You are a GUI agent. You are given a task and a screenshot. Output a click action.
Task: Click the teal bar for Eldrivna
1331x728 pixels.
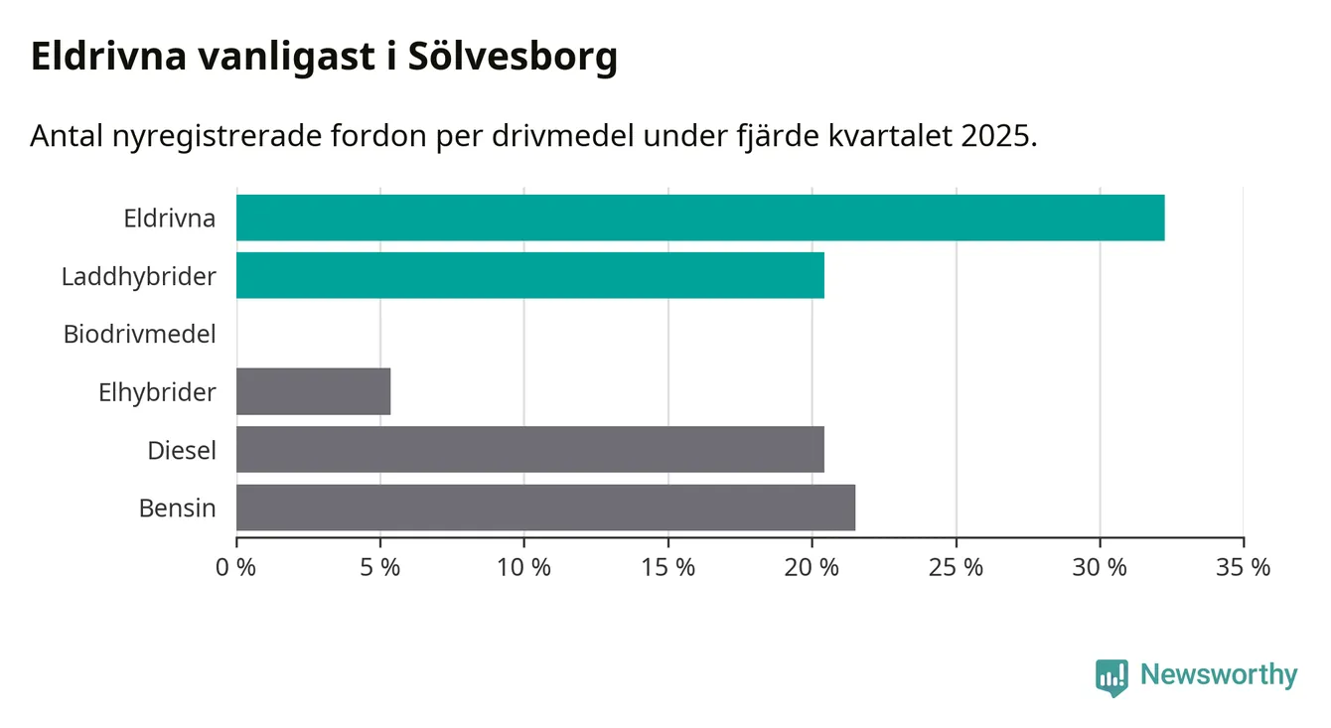pos(700,218)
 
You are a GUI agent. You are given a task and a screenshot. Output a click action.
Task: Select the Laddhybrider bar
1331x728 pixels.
pos(530,275)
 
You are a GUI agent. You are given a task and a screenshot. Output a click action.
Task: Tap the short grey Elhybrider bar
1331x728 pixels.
pos(313,391)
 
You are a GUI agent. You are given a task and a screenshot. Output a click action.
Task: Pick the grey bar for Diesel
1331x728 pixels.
pos(530,449)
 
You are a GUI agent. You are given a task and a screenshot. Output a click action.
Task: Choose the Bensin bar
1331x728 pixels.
pos(545,508)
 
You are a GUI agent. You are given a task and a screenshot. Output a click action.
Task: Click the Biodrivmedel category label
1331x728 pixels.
pos(139,334)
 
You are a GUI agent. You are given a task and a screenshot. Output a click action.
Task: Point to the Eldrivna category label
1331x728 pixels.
pos(169,218)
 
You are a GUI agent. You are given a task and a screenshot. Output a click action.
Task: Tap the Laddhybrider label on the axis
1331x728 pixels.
pos(138,276)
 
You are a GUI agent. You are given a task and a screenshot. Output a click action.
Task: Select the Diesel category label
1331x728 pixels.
pos(181,450)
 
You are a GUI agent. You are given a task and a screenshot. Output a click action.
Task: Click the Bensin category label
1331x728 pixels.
pos(177,509)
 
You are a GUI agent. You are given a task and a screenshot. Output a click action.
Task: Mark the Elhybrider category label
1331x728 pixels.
pos(157,392)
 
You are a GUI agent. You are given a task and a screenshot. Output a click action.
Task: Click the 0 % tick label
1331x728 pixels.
pos(236,568)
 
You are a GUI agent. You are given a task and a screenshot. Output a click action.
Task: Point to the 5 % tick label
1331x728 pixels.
pos(380,568)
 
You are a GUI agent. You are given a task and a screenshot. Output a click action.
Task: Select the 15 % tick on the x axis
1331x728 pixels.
pos(667,568)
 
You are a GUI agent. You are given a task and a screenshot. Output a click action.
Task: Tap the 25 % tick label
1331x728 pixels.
pos(956,568)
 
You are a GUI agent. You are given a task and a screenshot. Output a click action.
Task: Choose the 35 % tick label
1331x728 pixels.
pos(1244,568)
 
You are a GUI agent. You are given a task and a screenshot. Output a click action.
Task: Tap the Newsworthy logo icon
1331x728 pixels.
pos(1111,676)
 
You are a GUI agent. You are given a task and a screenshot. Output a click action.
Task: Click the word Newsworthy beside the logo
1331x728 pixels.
pos(1219,675)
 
